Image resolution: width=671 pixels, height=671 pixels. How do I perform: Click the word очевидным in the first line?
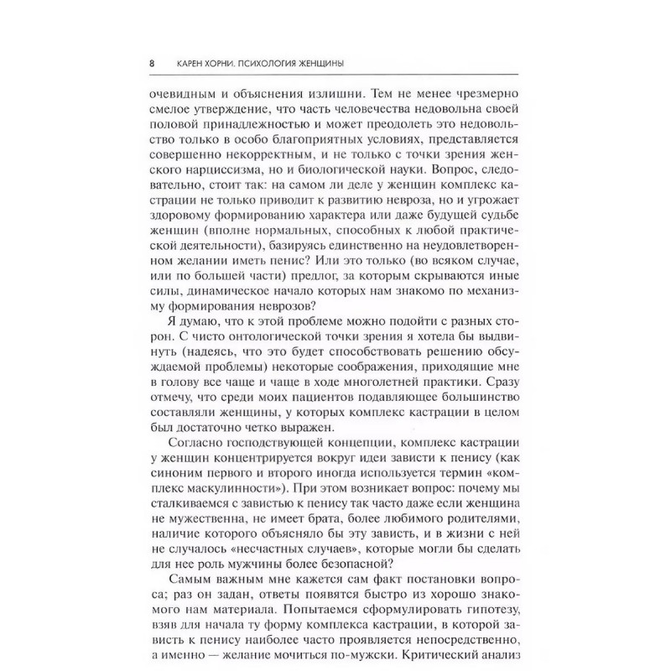click(x=180, y=94)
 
